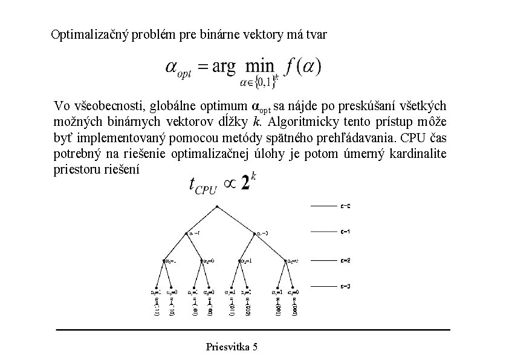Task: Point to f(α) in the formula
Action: pos(305,66)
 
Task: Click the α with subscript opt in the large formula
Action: pos(177,68)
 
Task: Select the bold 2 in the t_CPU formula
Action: pos(245,184)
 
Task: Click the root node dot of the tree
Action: pos(216,207)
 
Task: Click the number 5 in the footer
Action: pos(254,347)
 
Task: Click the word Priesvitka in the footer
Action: pos(227,347)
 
